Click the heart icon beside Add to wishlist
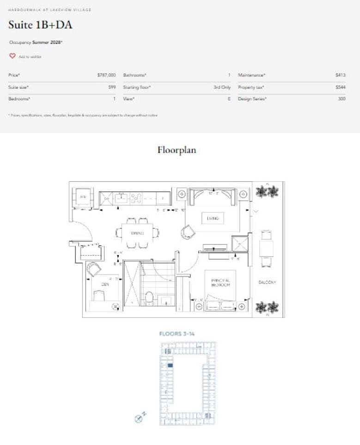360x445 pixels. [12, 56]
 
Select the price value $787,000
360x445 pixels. [106, 75]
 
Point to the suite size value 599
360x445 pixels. [112, 87]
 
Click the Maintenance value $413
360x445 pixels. [341, 75]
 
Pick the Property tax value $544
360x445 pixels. [341, 87]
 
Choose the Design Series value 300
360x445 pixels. [342, 99]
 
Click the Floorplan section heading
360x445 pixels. [177, 150]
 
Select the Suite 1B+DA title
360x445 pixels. [40, 25]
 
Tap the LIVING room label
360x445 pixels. [213, 218]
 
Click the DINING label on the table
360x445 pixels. [138, 233]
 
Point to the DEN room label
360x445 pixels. [105, 285]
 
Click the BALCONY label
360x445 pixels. [267, 282]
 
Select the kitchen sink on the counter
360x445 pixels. [122, 199]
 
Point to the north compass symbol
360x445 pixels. [138, 419]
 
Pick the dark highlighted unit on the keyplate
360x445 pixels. [170, 366]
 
